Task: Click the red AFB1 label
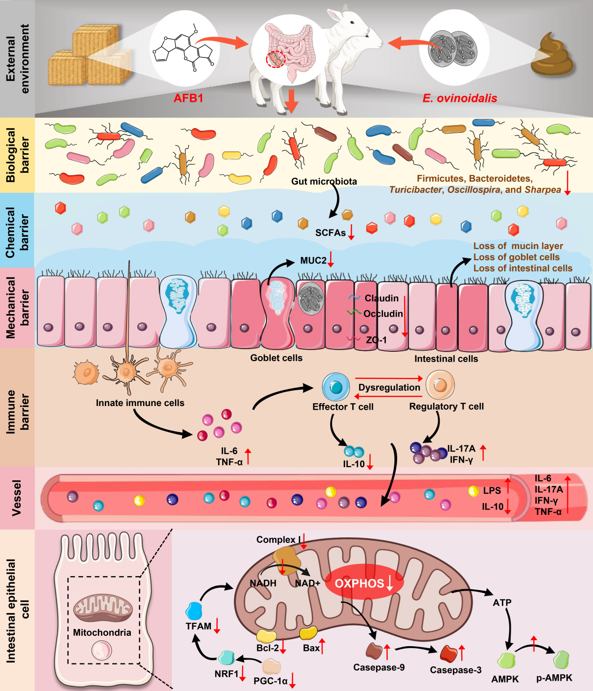(x=188, y=98)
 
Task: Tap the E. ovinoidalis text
(x=460, y=98)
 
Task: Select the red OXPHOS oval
(x=364, y=583)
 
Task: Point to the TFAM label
(x=198, y=626)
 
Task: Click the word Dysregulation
(x=389, y=387)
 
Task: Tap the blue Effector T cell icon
(x=336, y=387)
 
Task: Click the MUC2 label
(x=313, y=260)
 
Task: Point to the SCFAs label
(x=330, y=233)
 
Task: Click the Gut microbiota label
(x=324, y=181)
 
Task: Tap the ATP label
(x=502, y=603)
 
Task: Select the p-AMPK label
(x=554, y=678)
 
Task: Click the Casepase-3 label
(x=456, y=670)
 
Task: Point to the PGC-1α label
(x=270, y=681)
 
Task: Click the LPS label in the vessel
(x=492, y=491)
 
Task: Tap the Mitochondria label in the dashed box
(x=102, y=633)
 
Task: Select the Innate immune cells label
(x=140, y=403)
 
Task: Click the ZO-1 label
(x=376, y=340)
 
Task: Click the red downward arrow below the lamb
(x=292, y=100)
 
